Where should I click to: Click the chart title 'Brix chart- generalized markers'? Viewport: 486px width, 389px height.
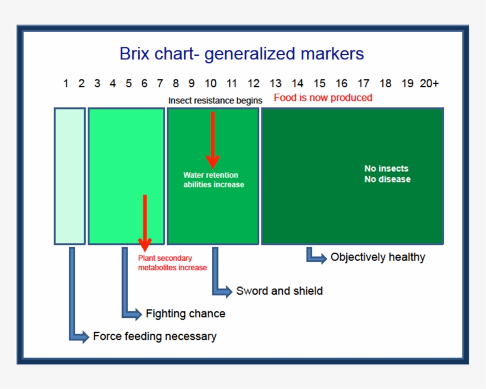(241, 54)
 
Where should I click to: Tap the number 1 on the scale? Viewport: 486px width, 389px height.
(66, 84)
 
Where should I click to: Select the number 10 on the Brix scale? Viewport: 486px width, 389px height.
(211, 84)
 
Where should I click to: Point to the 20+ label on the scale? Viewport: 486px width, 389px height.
(429, 84)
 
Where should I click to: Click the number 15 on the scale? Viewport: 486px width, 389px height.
(319, 84)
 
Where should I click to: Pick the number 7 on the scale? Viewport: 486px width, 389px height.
(160, 84)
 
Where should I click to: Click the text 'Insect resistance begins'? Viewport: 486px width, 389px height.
(215, 100)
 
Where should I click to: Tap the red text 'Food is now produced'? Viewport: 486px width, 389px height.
(323, 97)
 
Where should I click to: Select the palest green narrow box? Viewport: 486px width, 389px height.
(70, 176)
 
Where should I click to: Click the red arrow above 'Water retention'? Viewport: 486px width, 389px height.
(213, 140)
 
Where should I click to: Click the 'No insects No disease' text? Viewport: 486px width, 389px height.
(387, 174)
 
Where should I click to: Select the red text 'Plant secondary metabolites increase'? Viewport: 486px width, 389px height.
(172, 263)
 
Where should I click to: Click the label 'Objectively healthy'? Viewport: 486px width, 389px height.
(378, 257)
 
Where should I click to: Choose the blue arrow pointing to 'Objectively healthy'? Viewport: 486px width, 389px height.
(316, 256)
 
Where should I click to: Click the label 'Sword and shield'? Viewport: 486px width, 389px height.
(279, 291)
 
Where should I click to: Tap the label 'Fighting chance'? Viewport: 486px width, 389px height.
(186, 313)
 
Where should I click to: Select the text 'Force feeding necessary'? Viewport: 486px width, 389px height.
(154, 336)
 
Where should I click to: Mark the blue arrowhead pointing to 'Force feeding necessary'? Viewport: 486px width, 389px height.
(83, 336)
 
